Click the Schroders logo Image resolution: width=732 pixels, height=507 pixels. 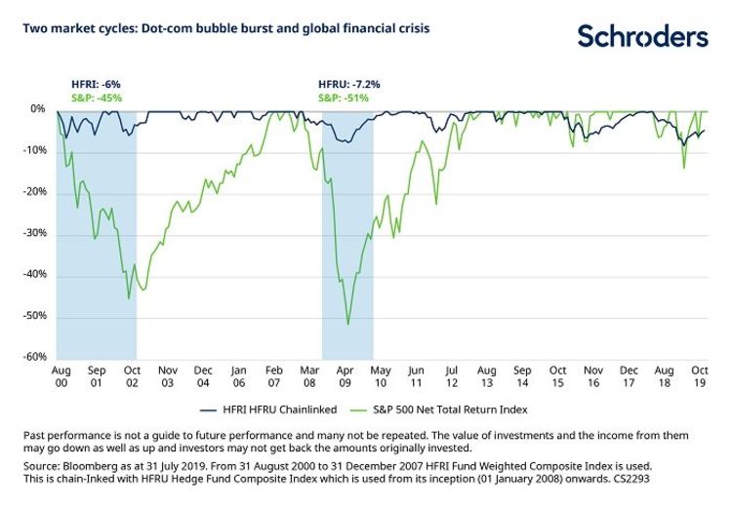(641, 36)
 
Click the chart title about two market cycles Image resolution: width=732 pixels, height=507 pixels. (225, 28)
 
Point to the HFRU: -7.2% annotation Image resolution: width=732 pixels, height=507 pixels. (347, 85)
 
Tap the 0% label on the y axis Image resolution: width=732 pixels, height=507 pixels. (38, 109)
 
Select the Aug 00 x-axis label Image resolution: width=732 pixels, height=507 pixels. (60, 376)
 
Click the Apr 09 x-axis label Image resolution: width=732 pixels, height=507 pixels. (347, 376)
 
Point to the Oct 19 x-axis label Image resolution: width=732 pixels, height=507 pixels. (701, 376)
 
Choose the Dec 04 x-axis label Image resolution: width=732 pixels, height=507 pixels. (204, 376)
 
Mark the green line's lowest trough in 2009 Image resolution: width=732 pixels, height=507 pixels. (348, 324)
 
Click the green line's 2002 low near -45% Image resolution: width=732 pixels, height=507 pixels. (130, 298)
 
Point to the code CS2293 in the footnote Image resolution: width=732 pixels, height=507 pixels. (630, 480)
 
